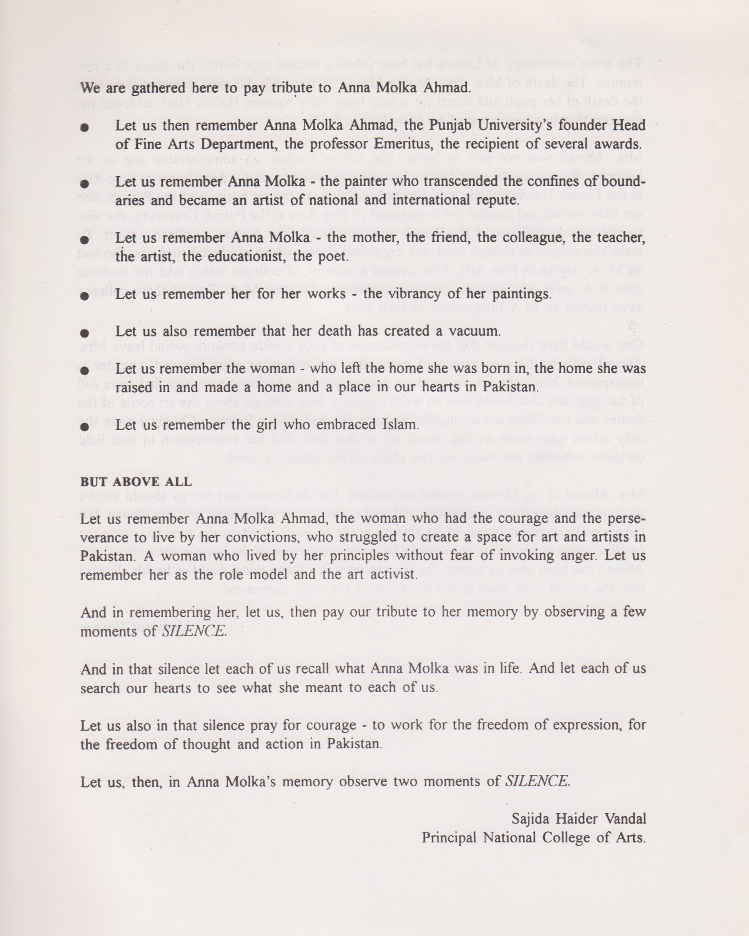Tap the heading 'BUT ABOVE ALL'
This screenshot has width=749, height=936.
click(x=136, y=482)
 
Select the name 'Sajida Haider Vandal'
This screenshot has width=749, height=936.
click(x=579, y=818)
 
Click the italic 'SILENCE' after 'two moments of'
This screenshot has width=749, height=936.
click(x=537, y=781)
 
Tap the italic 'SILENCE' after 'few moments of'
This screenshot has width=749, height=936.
click(x=194, y=631)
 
